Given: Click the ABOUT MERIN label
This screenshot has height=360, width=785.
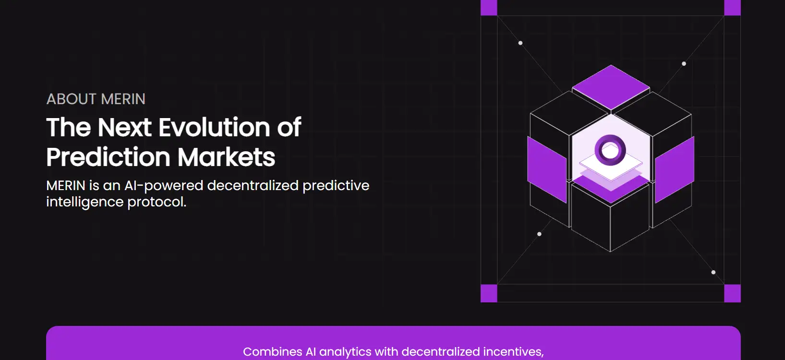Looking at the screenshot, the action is pos(96,99).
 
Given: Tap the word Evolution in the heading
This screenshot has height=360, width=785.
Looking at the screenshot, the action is pos(215,127).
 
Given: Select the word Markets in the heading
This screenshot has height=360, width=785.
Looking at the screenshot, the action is pos(226,157).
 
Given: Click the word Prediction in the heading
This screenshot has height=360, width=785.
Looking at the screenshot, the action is pos(109,157).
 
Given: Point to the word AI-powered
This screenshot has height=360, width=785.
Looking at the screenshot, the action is pos(164,186).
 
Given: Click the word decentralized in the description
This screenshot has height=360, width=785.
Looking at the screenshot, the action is pos(253,185).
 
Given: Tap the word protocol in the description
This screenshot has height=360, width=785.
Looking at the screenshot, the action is pos(157,202).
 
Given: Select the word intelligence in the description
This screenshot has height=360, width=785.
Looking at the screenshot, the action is pos(85,202).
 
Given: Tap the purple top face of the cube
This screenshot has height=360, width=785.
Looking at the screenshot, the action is pos(611,87).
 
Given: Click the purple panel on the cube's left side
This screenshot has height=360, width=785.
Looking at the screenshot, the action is pos(547,169).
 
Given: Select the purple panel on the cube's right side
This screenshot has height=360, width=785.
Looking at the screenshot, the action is pos(675,169).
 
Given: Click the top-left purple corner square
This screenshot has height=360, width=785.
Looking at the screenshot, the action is pos(489,8).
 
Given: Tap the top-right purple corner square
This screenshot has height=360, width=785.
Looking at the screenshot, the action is pos(733,8).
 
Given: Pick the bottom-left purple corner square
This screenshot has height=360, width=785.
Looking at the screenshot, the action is pos(489,293).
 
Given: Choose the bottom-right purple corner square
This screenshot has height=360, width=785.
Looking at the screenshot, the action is pos(733,293).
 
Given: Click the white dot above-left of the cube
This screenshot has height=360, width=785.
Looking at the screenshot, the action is pos(520,43).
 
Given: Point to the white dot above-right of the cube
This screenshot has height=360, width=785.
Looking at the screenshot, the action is pos(684,64).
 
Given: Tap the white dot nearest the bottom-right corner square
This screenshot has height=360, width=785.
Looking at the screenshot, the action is pos(713,272).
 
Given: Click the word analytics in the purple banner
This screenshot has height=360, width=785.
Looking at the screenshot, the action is pos(345,352).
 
